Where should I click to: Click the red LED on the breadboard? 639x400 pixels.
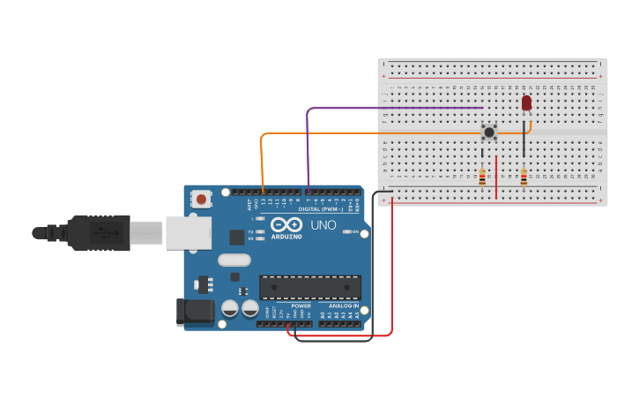(526, 103)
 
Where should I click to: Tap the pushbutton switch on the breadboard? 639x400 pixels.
(488, 132)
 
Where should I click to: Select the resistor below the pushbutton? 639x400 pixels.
(482, 177)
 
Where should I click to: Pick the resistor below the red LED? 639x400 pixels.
(524, 178)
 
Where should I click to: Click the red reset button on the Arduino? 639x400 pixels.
(202, 200)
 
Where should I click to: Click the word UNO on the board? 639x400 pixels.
(320, 226)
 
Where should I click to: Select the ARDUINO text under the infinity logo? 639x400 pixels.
(286, 237)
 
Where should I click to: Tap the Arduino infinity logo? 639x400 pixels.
(286, 224)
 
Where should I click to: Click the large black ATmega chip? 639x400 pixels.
(309, 287)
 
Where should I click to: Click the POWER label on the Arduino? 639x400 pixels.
(301, 306)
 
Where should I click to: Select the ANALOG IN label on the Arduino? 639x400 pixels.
(343, 306)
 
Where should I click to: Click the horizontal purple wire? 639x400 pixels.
(397, 109)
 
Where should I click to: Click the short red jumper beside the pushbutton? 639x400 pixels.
(496, 177)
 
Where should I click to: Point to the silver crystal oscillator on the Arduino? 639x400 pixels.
(234, 260)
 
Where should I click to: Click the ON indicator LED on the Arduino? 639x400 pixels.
(346, 232)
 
